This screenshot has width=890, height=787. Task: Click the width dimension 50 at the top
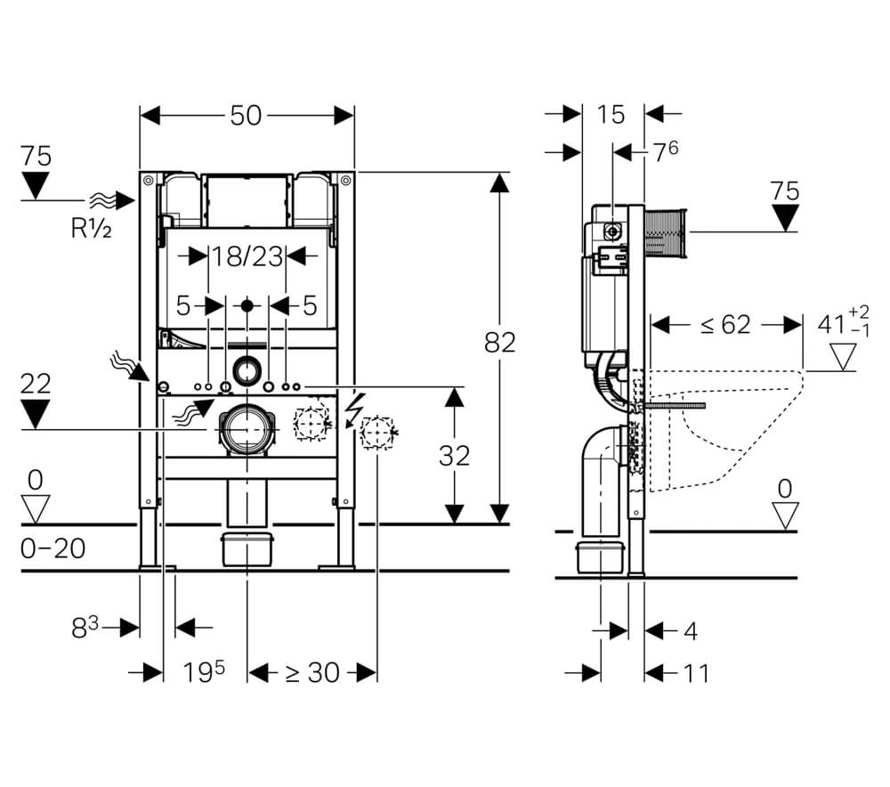[246, 116]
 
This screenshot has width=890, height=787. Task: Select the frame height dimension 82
[499, 343]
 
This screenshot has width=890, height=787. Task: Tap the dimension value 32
[454, 456]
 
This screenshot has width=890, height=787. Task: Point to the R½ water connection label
[91, 228]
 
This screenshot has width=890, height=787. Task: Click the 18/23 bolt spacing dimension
[247, 256]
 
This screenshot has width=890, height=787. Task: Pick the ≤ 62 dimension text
[725, 325]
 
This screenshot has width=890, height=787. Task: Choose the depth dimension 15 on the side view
[611, 115]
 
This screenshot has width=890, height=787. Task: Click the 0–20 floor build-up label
[53, 548]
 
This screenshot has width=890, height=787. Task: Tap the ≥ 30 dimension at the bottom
[311, 673]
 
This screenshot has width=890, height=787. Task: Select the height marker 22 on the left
[36, 384]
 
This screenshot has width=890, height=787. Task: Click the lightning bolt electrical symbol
[355, 409]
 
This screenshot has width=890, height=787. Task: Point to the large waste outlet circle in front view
[247, 430]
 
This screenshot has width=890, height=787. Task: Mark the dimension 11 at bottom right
[696, 673]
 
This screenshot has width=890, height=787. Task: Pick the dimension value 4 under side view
[691, 631]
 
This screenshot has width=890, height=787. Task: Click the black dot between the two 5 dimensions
[247, 305]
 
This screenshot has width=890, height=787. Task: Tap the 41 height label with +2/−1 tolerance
[844, 324]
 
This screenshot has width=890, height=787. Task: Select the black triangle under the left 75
[36, 186]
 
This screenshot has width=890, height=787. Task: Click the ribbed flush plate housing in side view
[665, 232]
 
